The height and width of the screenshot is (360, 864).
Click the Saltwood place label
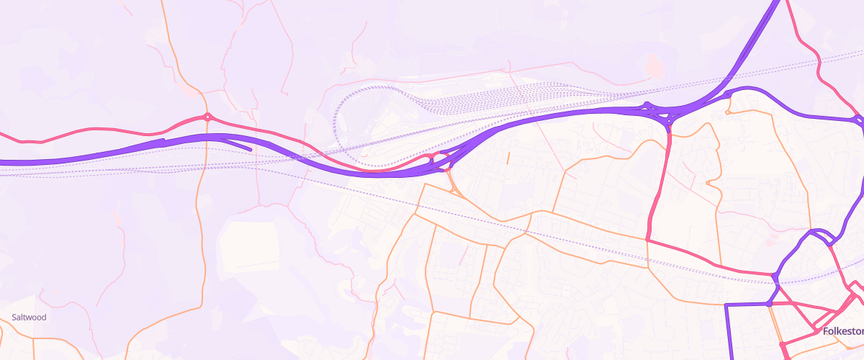point(29,317)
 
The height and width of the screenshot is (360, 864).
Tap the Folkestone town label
point(843,331)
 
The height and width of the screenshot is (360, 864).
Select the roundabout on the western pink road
point(207,117)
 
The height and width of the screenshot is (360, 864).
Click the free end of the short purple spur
point(250,150)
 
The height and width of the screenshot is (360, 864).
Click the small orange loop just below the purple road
point(729,109)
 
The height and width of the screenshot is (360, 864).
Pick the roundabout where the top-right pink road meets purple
point(857,120)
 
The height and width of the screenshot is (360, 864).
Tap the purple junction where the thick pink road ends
point(775,276)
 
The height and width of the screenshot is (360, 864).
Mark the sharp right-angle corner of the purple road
point(726,306)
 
